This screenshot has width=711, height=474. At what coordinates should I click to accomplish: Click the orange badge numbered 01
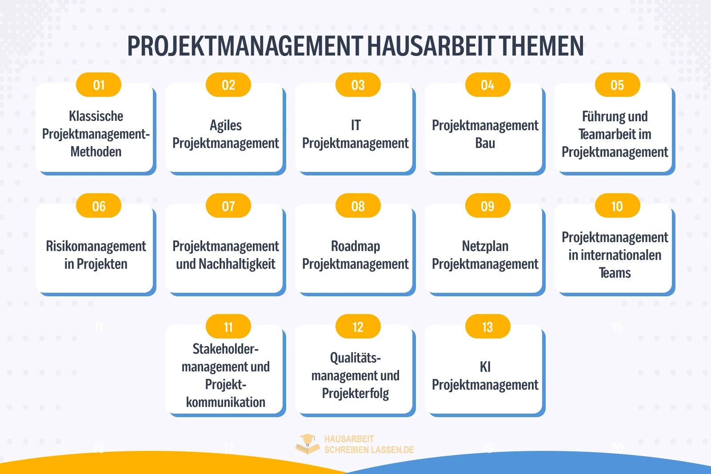[x=99, y=85]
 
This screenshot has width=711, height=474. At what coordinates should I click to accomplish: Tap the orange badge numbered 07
[x=228, y=206]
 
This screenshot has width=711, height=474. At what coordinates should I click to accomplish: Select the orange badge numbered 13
[x=487, y=327]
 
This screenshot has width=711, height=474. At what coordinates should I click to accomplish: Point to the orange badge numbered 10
[x=617, y=206]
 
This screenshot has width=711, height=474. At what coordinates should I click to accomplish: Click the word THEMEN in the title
[x=541, y=46]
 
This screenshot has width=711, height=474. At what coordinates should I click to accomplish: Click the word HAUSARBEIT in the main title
[x=431, y=46]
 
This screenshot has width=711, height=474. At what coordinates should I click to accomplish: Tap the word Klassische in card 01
[x=96, y=116]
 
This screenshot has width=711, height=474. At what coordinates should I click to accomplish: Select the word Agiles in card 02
[x=226, y=126]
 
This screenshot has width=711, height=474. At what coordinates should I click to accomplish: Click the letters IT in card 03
[x=355, y=126]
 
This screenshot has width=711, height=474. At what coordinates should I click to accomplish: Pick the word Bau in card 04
[x=485, y=143]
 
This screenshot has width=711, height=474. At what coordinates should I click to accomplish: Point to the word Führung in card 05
[x=600, y=117]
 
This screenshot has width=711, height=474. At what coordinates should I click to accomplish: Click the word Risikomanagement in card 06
[x=96, y=246]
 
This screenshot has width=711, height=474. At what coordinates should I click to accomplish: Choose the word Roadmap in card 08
[x=355, y=246]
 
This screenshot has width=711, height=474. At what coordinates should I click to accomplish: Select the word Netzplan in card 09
[x=485, y=246]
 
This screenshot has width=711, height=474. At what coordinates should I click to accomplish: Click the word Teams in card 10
[x=615, y=273]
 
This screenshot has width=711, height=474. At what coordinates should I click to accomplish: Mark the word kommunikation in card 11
[x=226, y=402]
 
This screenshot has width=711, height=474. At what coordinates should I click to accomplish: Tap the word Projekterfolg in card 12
[x=355, y=394]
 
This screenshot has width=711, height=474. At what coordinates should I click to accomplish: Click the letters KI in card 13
[x=485, y=367]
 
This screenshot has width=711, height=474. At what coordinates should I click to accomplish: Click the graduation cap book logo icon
[x=308, y=444]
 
